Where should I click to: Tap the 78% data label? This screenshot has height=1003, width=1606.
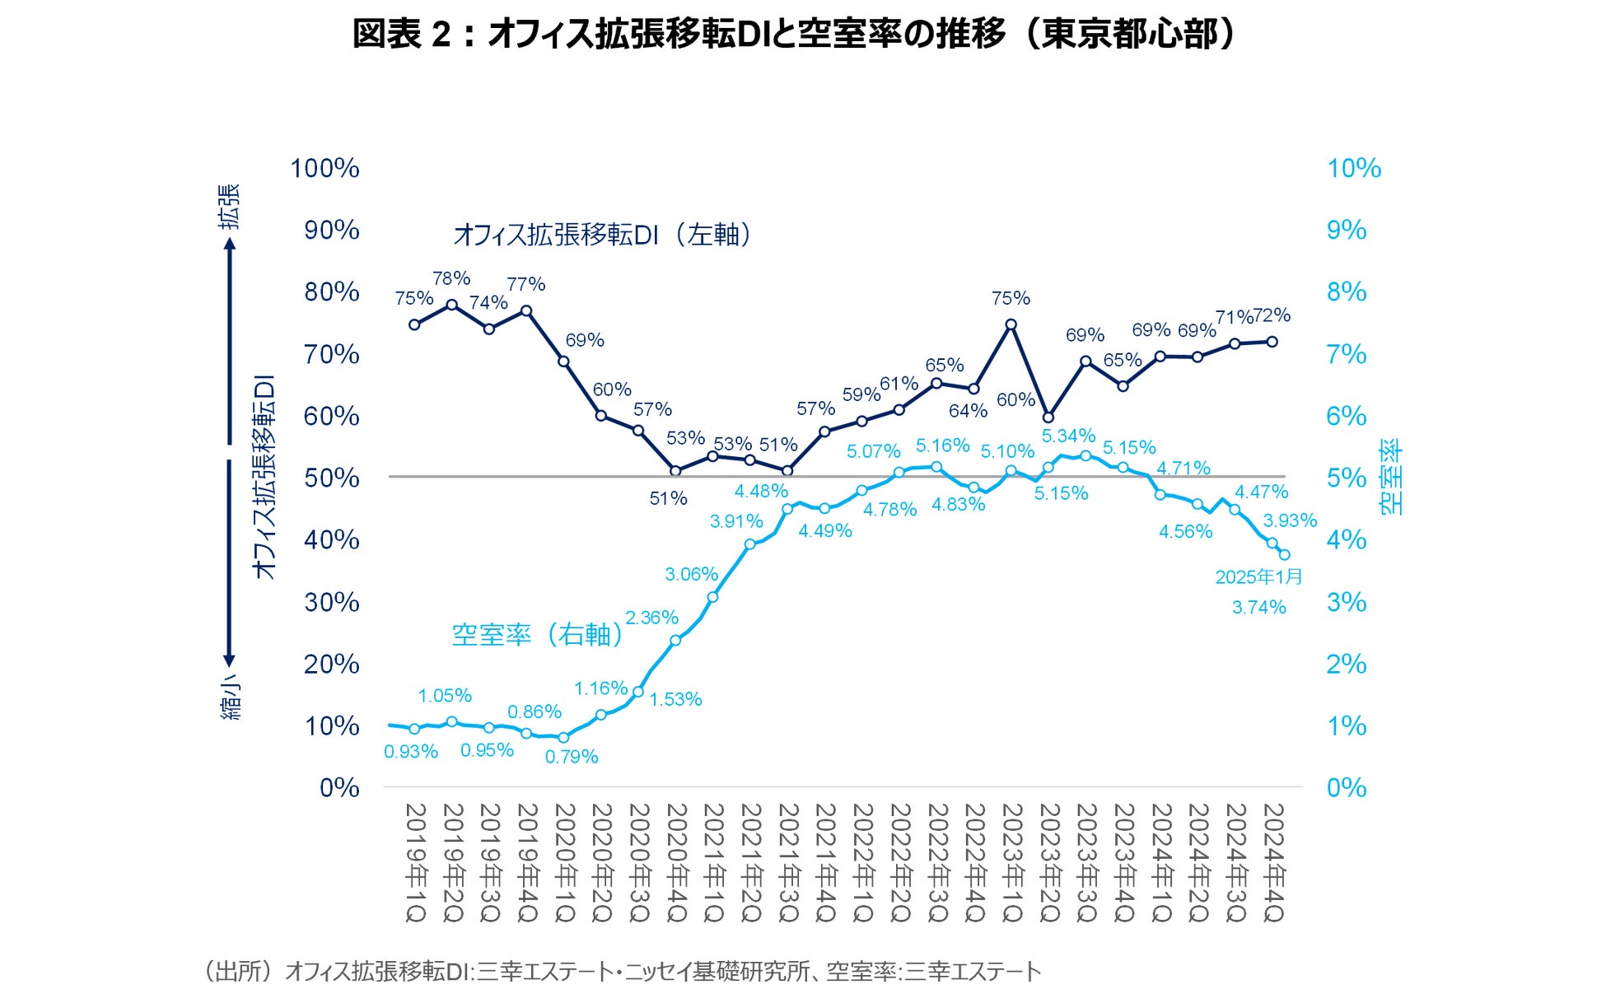(451, 278)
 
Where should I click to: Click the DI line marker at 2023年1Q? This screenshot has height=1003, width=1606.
(1011, 324)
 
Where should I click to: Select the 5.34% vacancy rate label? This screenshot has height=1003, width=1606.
(1068, 436)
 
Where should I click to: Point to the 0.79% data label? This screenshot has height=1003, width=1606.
(572, 757)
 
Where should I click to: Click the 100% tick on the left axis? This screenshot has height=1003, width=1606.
(324, 168)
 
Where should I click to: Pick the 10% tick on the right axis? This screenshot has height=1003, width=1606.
(1353, 168)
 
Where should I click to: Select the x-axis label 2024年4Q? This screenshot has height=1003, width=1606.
(1272, 862)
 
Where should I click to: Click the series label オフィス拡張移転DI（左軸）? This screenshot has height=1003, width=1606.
(603, 235)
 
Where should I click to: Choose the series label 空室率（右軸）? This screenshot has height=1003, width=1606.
(537, 634)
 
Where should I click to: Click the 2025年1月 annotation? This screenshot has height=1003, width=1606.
(1258, 576)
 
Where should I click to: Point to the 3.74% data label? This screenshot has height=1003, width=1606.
(1258, 608)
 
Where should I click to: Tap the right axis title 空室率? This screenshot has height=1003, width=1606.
(1391, 478)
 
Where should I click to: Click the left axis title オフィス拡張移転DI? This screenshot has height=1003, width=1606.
(264, 478)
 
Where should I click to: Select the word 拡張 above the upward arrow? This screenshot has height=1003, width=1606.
(230, 206)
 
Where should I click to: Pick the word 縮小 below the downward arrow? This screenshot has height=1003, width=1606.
(231, 699)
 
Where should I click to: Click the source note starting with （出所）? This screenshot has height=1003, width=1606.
(622, 972)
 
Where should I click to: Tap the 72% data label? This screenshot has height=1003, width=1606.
(1272, 315)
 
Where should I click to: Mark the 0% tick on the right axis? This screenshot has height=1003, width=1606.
(1346, 788)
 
